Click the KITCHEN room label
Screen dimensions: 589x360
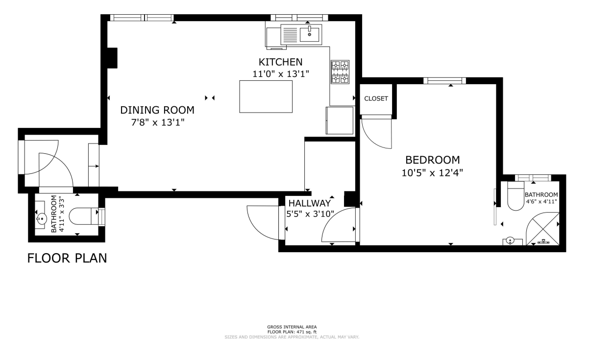[281, 62]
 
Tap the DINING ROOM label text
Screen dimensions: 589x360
[157, 110]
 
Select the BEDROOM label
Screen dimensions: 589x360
[433, 160]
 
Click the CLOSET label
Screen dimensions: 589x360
[376, 98]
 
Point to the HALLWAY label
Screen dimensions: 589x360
[310, 203]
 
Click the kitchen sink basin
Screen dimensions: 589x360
[310, 35]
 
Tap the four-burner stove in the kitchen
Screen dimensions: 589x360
[340, 72]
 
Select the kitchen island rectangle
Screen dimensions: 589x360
[266, 96]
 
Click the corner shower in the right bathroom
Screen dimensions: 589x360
[542, 229]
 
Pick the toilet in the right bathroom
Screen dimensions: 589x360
[516, 196]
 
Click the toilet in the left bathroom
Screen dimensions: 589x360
[84, 216]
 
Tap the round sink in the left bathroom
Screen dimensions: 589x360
[41, 218]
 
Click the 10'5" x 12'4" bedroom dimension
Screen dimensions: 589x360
[432, 173]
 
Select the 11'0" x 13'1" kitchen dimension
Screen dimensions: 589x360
[281, 74]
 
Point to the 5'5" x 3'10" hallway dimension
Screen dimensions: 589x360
[310, 214]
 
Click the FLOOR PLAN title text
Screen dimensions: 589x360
[67, 258]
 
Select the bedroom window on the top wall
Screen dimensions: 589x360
[444, 81]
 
